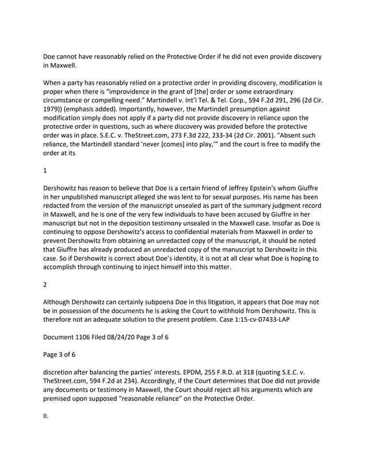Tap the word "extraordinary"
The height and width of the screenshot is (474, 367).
[291, 93]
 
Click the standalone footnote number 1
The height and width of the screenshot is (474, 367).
[45, 171]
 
